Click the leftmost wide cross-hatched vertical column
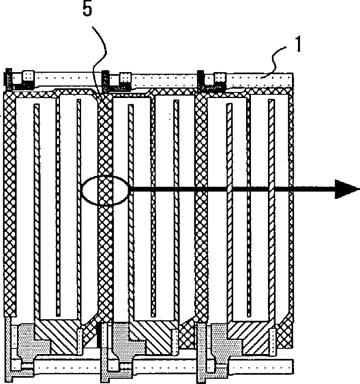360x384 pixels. [x=9, y=203]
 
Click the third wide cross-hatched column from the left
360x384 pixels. [x=201, y=203]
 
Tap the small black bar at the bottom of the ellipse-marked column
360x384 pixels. [x=99, y=336]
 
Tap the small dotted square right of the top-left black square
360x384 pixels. [x=28, y=76]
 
